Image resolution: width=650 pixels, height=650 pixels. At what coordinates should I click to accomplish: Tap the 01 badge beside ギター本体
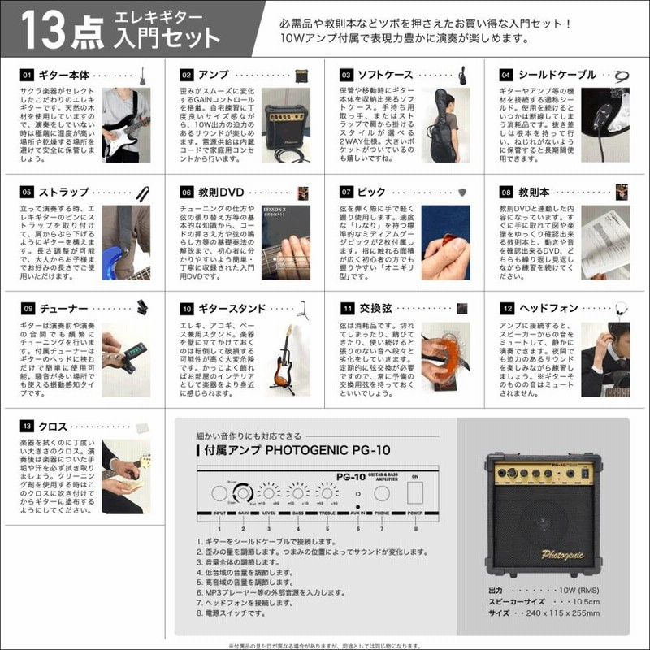(27, 74)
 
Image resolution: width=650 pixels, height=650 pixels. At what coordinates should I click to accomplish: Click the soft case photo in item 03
(446, 123)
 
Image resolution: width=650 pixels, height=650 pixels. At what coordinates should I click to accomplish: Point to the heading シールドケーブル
(560, 74)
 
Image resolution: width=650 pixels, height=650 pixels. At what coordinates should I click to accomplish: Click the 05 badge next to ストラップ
(27, 192)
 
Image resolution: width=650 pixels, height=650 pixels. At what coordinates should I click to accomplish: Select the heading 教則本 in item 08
(535, 192)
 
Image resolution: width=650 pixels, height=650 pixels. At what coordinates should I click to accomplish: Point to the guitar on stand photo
(286, 357)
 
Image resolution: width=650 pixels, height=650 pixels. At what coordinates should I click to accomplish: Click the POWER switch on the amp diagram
(416, 493)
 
